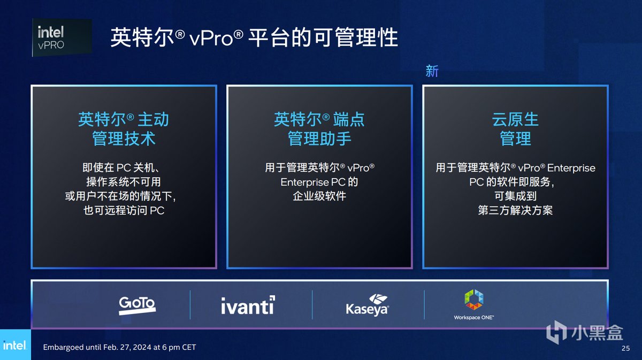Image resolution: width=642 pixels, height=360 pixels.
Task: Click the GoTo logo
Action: pos(137,304)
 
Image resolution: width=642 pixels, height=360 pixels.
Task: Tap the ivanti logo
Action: pos(248,305)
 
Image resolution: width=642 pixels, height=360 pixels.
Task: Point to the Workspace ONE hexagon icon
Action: pos(473,300)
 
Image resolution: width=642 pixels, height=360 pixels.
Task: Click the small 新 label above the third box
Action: pos(432,71)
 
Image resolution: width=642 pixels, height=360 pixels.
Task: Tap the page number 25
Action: pos(625,348)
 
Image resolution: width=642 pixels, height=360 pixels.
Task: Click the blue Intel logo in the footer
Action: pos(14,346)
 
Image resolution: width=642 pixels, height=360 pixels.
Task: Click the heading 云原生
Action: pos(515,119)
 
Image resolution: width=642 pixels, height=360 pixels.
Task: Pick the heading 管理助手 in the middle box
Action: pos(319,139)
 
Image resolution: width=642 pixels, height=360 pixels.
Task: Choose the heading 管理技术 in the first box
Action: pos(124,139)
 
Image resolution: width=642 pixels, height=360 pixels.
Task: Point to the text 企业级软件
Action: pos(319,196)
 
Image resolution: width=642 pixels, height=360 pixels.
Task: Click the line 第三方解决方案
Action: pos(515,210)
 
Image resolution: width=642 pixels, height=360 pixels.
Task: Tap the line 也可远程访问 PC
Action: pos(124,210)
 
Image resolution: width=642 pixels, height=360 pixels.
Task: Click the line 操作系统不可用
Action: pos(124,182)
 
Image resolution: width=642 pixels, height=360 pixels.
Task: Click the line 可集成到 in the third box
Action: pos(515,196)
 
